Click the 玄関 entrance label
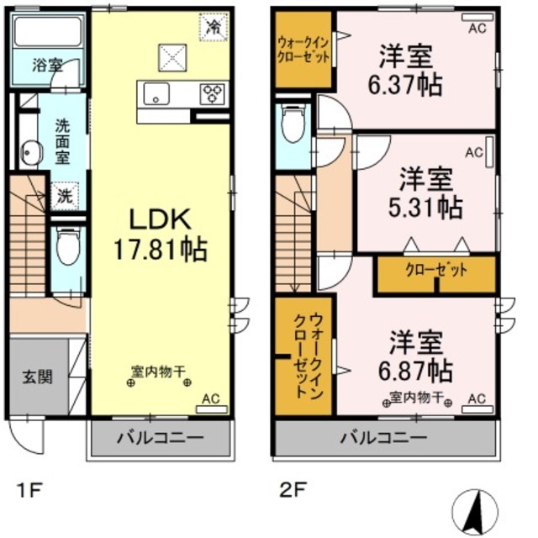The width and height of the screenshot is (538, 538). [38, 376]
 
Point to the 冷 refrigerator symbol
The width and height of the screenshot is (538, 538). [213, 28]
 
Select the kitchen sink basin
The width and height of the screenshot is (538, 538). [156, 93]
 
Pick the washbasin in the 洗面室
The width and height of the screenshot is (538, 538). [32, 153]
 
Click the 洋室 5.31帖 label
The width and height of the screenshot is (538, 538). [429, 193]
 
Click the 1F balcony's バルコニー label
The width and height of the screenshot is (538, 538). [160, 438]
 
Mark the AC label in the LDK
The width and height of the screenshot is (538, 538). [211, 402]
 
